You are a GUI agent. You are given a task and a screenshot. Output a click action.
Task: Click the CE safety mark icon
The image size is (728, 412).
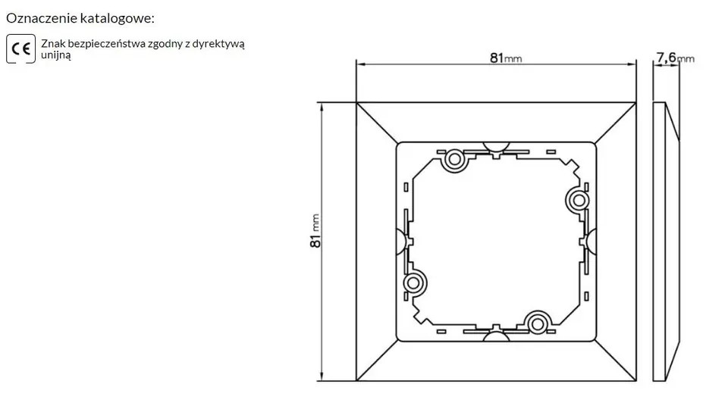[21, 48]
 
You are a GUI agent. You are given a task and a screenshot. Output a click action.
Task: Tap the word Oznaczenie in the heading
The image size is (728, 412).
[41, 18]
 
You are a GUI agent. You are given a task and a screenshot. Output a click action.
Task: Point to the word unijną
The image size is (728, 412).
[56, 55]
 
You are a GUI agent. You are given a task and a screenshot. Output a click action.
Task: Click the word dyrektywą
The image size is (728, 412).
[218, 44]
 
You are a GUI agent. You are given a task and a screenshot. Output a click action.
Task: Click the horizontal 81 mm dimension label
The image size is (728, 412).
[506, 58]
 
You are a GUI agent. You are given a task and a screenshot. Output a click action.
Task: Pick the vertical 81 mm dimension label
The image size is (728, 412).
[315, 231]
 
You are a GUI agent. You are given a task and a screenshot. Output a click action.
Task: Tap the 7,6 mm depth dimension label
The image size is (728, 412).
[676, 58]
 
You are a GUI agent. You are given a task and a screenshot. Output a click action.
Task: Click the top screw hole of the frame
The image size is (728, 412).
[454, 160]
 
